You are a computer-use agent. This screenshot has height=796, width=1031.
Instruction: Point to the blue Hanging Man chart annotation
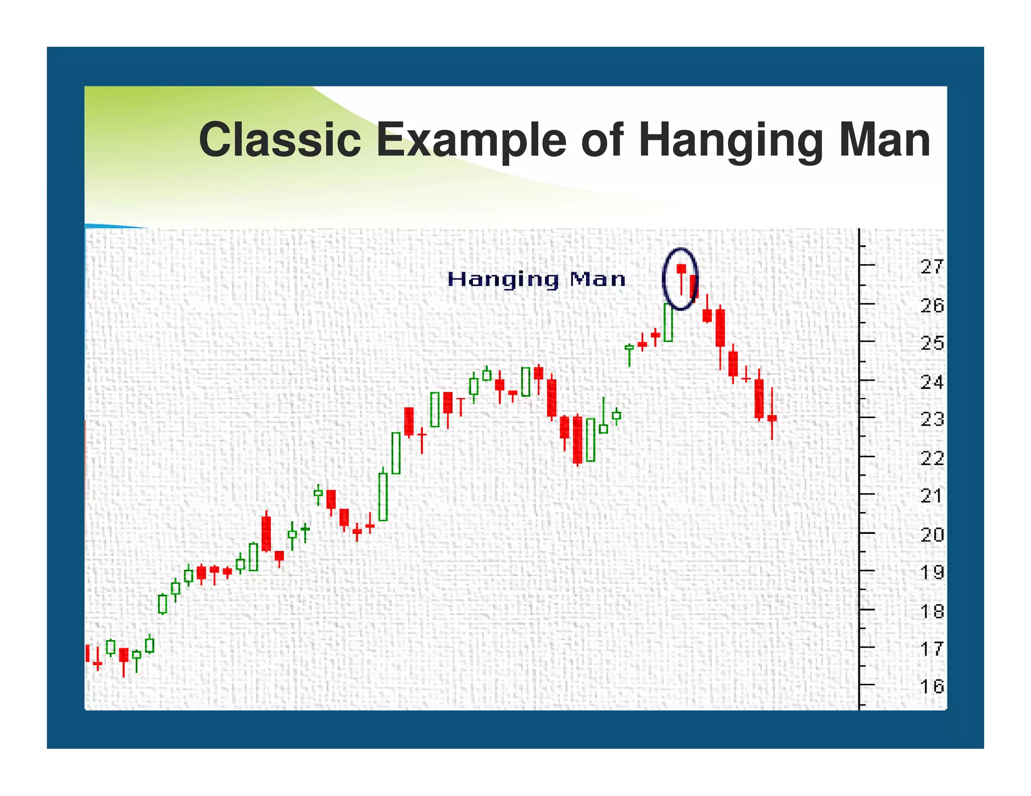tap(536, 279)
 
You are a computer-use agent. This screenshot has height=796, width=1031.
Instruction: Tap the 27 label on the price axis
tap(932, 267)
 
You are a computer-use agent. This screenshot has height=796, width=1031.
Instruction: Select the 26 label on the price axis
tap(932, 305)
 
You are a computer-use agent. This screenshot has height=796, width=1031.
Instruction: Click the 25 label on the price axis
tap(932, 344)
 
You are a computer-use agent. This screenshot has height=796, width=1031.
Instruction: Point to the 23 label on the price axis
tap(932, 419)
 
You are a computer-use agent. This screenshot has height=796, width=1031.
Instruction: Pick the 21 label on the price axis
tap(932, 496)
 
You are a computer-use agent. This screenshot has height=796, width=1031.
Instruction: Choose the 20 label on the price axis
tap(932, 534)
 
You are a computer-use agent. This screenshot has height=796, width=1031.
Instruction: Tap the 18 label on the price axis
tap(932, 611)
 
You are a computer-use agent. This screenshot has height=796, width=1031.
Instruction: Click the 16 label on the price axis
tap(932, 686)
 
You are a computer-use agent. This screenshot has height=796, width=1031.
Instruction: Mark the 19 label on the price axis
tap(932, 573)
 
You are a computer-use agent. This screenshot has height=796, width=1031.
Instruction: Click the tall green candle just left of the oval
tap(668, 323)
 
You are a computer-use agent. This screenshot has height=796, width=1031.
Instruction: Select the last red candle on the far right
tap(772, 418)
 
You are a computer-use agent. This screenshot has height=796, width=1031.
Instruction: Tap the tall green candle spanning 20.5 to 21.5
tap(383, 497)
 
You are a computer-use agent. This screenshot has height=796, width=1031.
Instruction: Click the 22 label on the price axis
tap(932, 458)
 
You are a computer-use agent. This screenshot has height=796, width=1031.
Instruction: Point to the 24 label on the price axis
tap(932, 382)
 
